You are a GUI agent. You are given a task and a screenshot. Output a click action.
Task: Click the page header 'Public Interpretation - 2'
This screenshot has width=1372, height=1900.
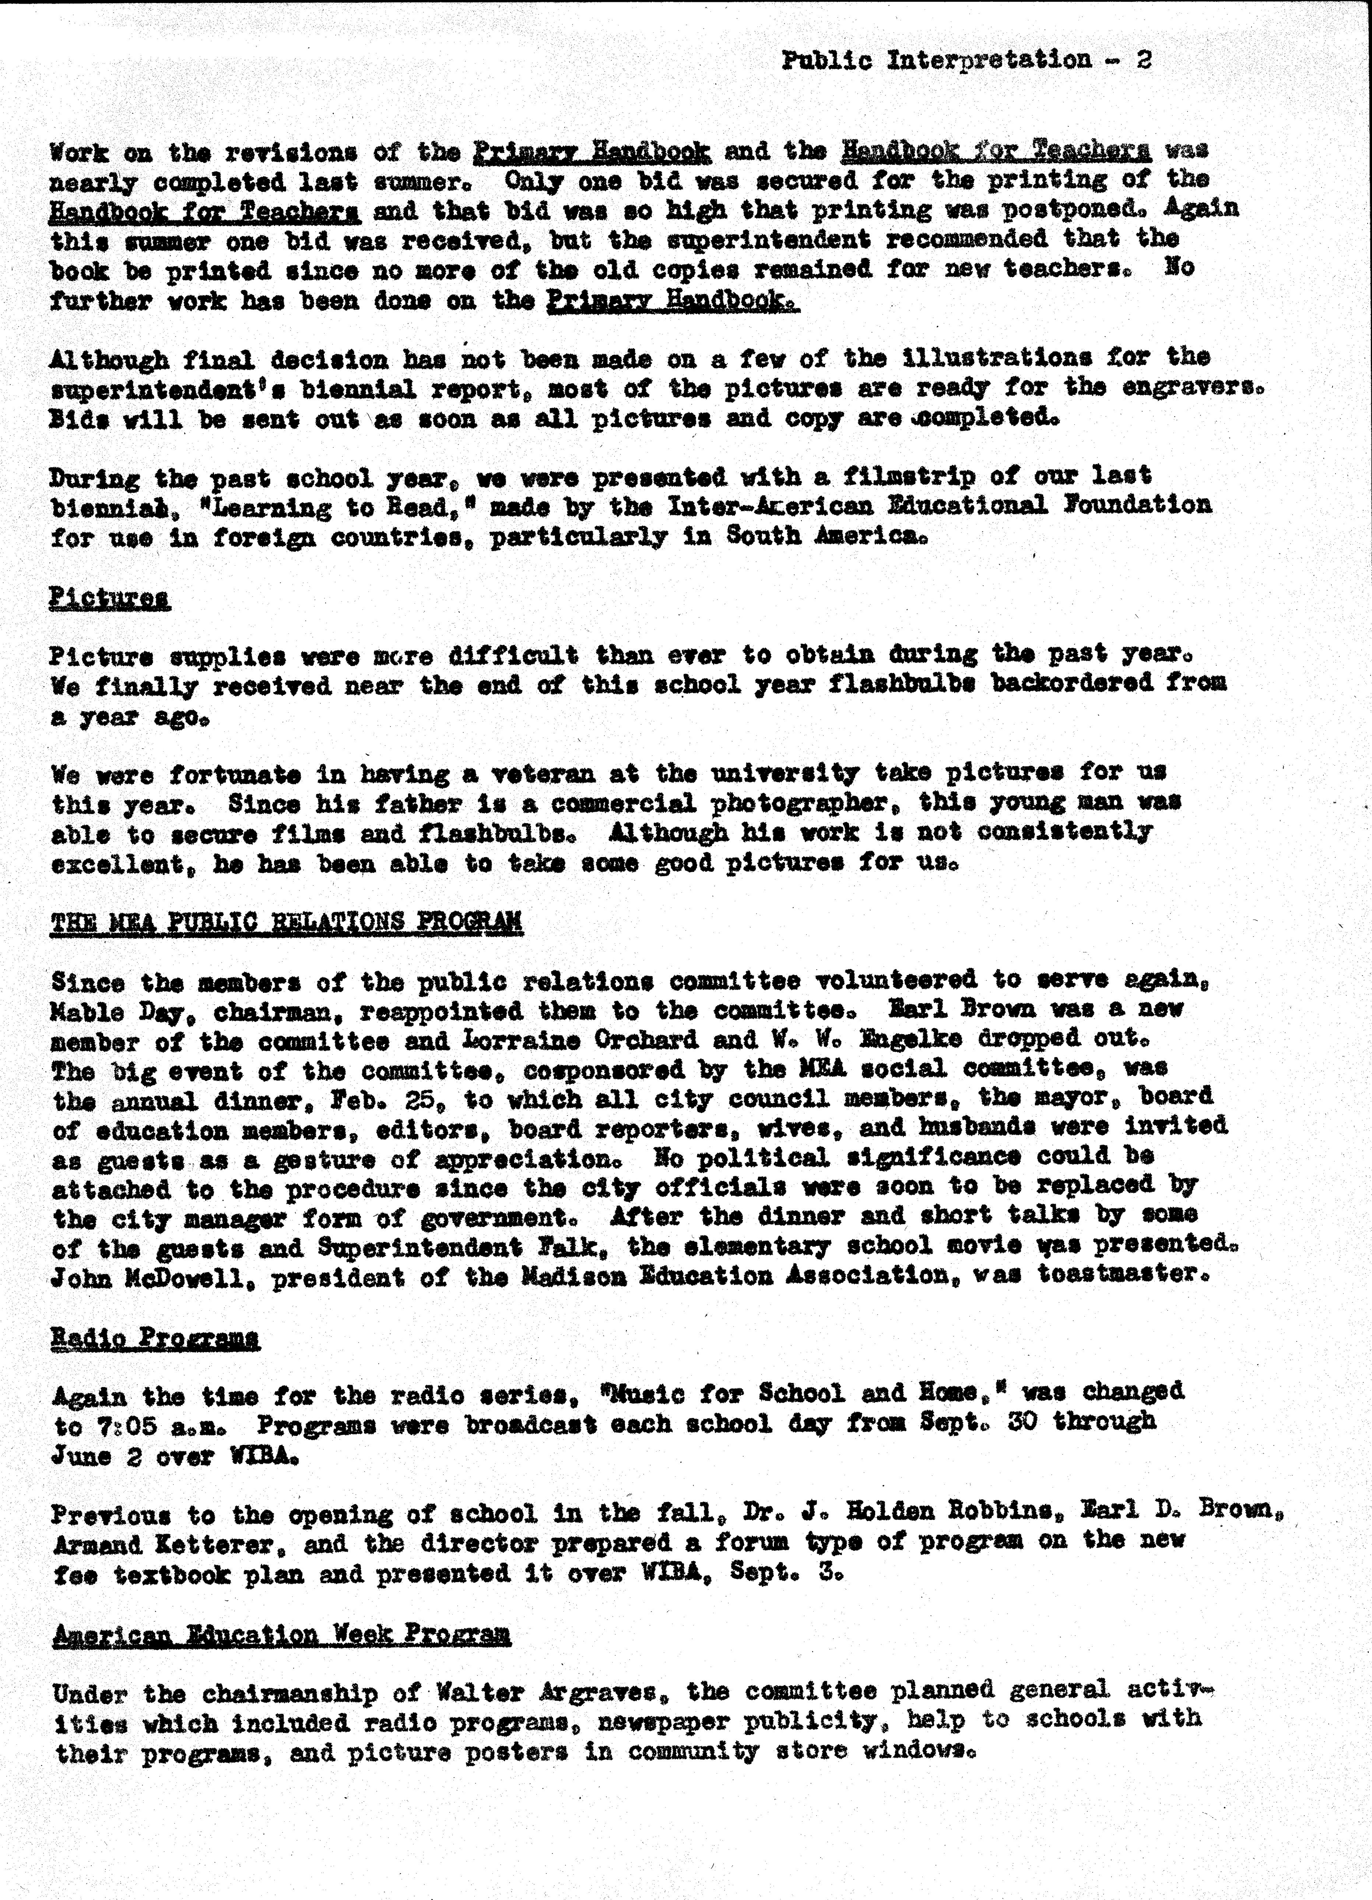coord(966,60)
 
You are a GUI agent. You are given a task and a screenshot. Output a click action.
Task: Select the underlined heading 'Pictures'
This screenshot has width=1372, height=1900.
coord(110,598)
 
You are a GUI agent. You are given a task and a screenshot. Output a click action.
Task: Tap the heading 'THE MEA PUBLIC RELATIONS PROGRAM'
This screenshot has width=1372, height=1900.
coord(287,922)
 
